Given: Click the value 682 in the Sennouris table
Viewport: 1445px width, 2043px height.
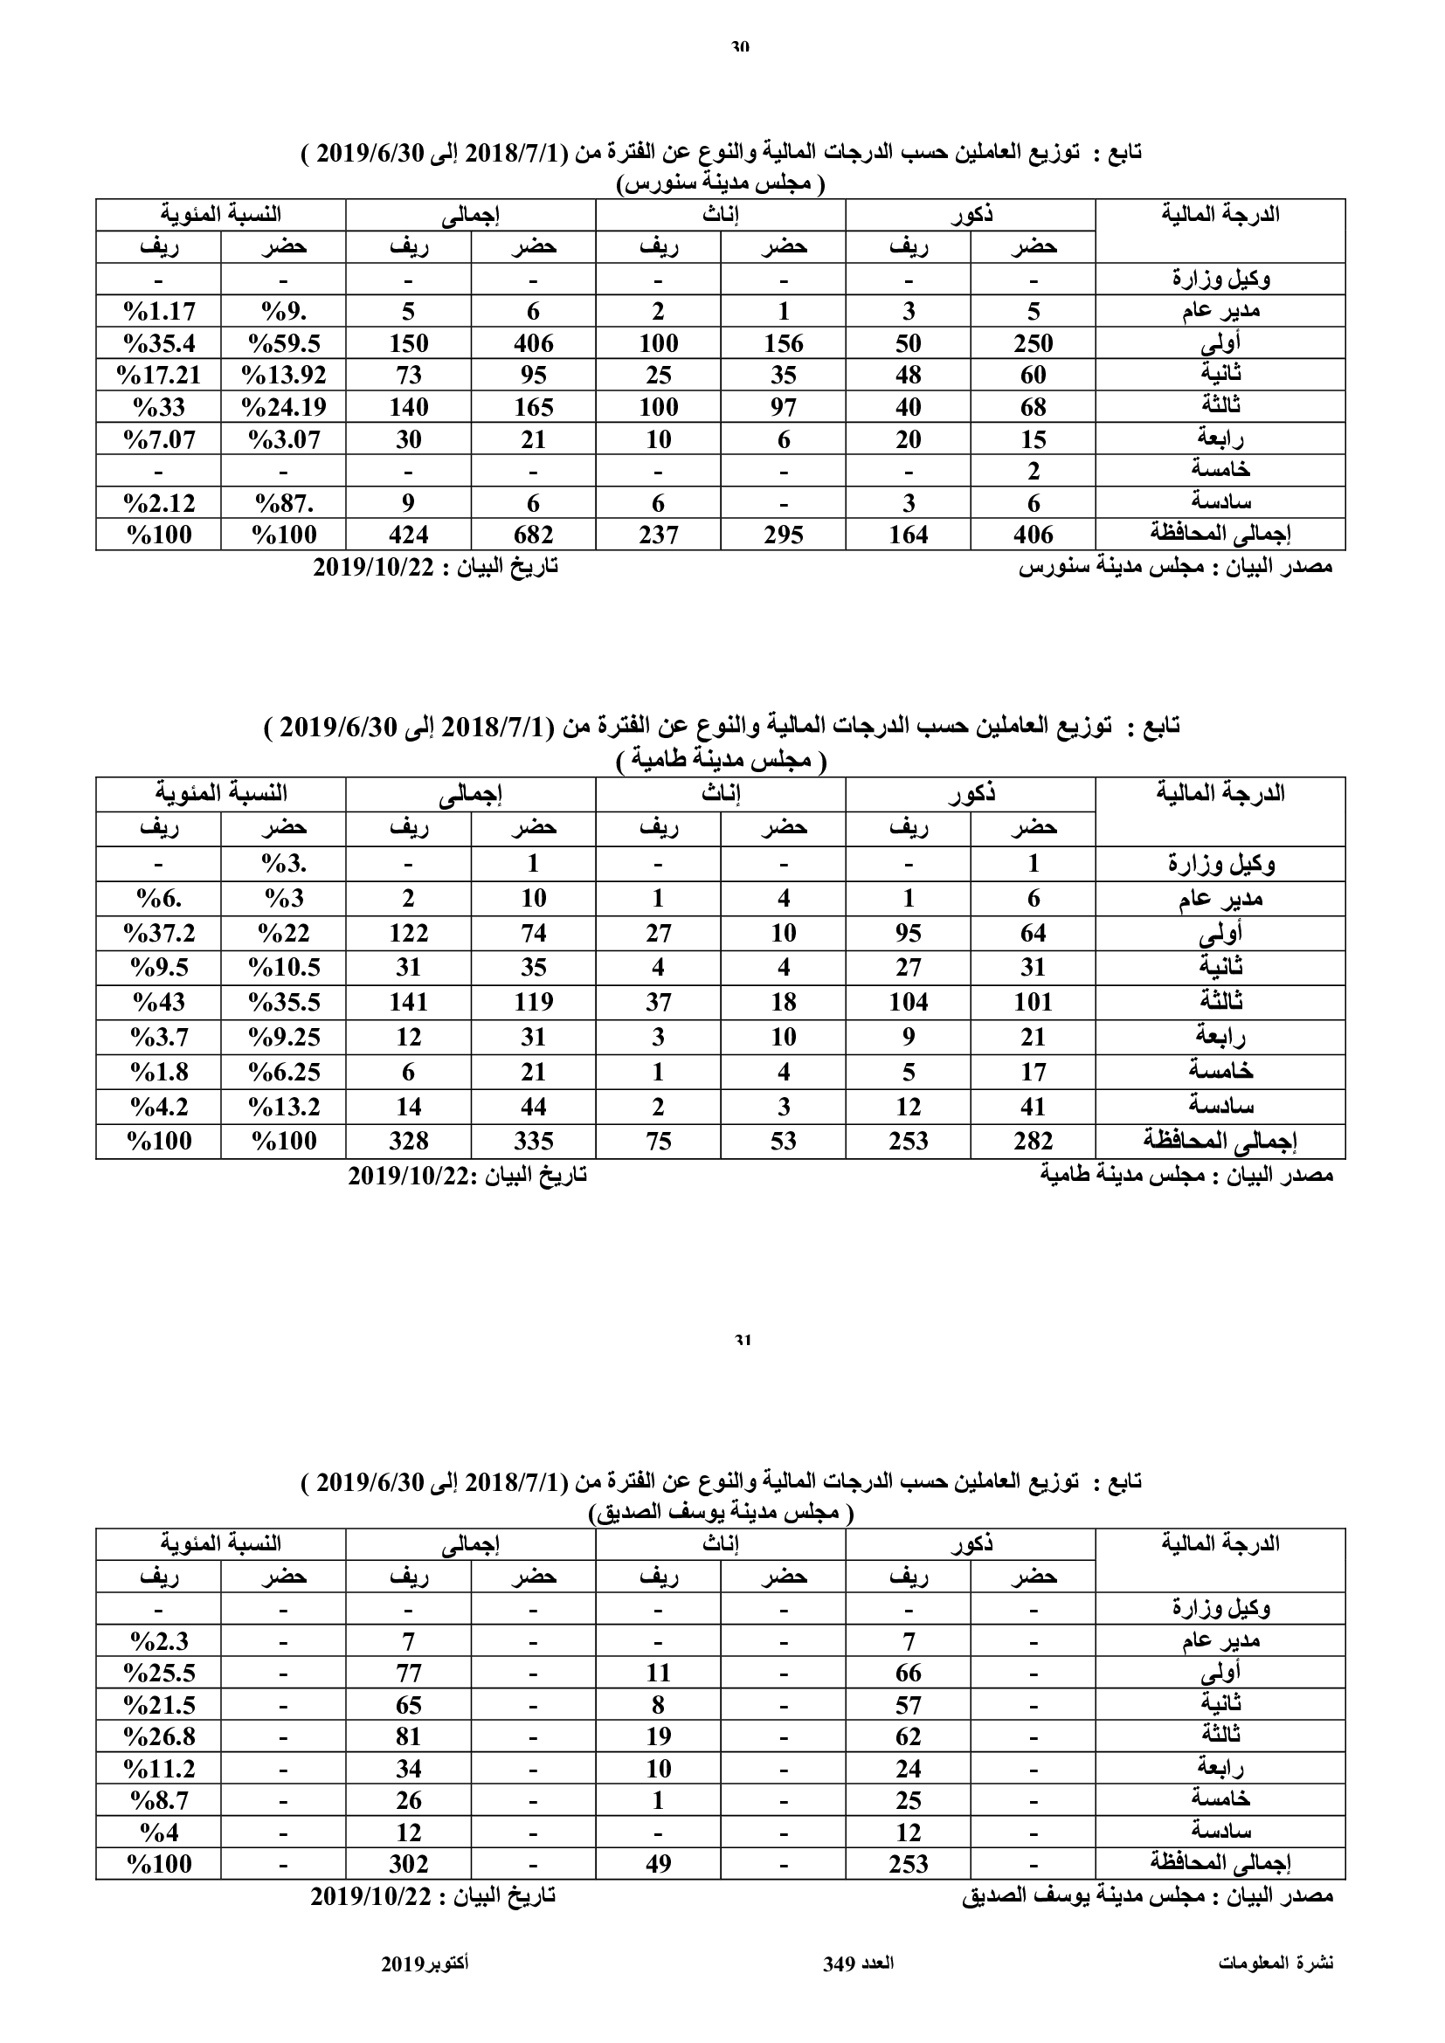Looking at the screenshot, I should tap(533, 535).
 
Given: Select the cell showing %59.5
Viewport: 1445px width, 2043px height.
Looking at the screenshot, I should tap(284, 343).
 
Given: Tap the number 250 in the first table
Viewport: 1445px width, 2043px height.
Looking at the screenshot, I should tap(1032, 343).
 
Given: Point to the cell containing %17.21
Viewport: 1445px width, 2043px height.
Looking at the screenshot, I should tap(158, 376).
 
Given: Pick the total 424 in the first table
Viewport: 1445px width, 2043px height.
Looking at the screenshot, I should tap(408, 535).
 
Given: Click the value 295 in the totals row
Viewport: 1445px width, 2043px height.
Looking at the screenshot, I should tap(783, 535).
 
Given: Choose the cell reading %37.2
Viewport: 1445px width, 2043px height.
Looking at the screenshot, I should tap(158, 933).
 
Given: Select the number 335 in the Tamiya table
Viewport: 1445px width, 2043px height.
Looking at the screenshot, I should tap(533, 1141).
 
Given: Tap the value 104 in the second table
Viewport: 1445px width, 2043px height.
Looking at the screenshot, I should tap(908, 1002).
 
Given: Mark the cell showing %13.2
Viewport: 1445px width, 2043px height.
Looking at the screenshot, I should tap(284, 1107).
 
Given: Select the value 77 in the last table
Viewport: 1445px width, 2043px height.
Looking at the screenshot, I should tap(408, 1673).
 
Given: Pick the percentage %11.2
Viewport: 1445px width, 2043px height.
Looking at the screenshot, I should tap(158, 1768).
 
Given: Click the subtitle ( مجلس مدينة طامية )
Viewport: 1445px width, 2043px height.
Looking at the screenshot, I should tap(722, 761).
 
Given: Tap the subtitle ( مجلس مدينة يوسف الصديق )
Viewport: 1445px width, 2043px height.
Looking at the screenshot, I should tap(722, 1514).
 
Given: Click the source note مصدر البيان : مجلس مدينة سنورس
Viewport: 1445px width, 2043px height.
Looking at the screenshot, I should tap(1174, 567).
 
